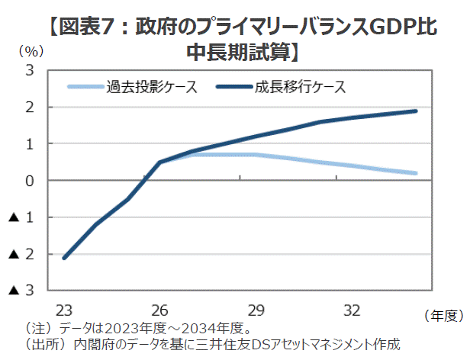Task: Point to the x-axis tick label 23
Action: coord(63,310)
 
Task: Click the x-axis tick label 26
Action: coord(159,310)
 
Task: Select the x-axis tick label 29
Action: coord(256,310)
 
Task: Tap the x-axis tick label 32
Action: coord(352,310)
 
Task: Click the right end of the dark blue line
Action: coord(416,111)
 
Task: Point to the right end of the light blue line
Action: coord(416,173)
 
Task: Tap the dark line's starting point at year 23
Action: coord(64,258)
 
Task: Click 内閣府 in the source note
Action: coord(92,344)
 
